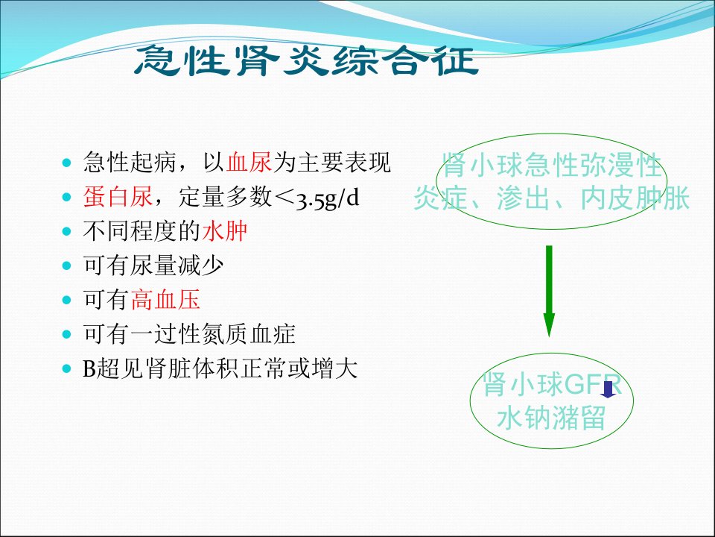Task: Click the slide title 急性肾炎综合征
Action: (x=306, y=60)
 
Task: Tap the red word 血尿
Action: (x=250, y=162)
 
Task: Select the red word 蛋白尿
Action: (x=118, y=197)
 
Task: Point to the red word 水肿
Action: (x=224, y=231)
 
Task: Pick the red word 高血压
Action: (x=165, y=300)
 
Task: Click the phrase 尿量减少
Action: (x=177, y=266)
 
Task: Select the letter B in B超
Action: (x=89, y=369)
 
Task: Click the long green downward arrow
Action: (x=549, y=291)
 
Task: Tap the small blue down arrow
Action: (x=608, y=389)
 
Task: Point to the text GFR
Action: (x=593, y=385)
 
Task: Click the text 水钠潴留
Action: (x=551, y=418)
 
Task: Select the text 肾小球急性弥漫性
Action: (x=552, y=165)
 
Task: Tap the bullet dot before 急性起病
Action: (x=67, y=163)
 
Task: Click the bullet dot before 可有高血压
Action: (x=67, y=300)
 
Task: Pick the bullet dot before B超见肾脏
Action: (x=67, y=369)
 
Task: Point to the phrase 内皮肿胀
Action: (x=635, y=198)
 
